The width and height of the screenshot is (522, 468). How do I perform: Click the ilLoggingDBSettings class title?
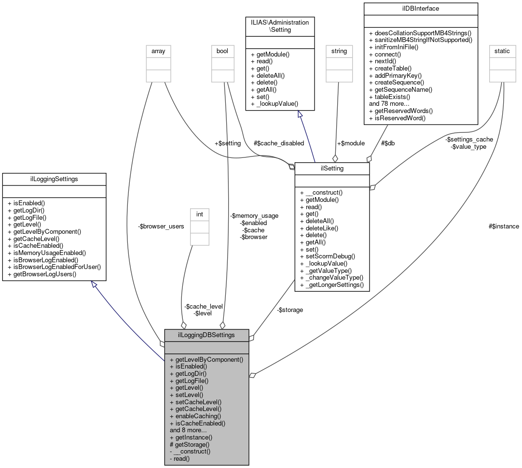206,335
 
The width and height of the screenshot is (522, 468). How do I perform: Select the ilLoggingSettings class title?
54,179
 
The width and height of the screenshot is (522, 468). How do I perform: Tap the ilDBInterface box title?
421,8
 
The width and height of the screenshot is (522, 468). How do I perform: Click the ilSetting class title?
332,168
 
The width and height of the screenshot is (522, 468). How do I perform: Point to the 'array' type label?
158,51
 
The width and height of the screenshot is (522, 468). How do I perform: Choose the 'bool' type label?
222,51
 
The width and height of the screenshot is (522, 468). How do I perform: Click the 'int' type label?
199,214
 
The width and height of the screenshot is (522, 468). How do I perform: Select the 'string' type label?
339,51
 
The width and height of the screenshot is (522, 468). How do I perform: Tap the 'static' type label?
502,51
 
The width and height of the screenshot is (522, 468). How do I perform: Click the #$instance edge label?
504,226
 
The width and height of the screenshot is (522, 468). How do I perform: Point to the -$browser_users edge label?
161,226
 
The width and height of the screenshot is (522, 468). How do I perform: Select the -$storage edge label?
290,310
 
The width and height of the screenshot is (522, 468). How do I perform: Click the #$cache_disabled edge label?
279,143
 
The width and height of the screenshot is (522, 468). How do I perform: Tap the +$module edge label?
351,143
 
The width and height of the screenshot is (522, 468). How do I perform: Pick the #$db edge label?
387,143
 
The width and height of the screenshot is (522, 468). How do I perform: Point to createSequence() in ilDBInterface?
398,83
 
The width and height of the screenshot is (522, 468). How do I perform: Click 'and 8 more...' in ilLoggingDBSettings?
188,430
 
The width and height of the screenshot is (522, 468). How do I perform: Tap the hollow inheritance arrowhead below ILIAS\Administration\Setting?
300,114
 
